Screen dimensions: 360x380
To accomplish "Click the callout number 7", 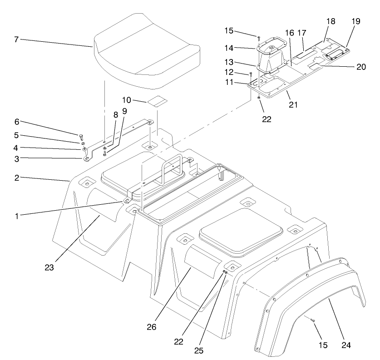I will (16, 40).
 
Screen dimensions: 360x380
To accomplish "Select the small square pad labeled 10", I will (157, 100).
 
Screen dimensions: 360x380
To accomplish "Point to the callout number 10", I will (127, 99).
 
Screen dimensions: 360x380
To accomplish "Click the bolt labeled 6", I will (81, 135).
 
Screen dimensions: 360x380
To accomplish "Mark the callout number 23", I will (49, 267).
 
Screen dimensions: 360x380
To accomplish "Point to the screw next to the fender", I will (312, 321).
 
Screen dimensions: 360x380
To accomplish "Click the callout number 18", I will (331, 21).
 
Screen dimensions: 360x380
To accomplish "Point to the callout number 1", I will (16, 217).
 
